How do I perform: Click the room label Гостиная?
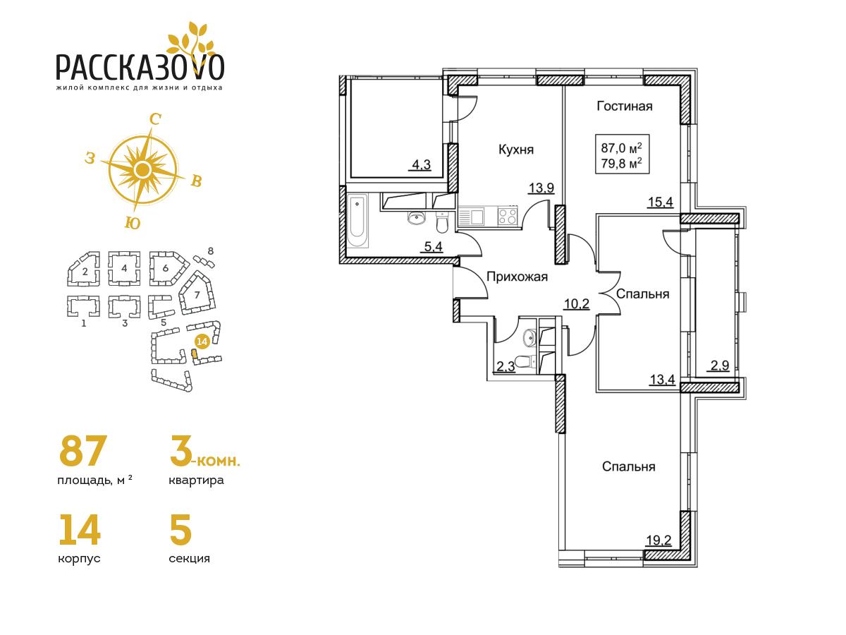[x=625, y=106]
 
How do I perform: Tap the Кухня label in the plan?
[x=516, y=150]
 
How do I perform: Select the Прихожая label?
[x=517, y=277]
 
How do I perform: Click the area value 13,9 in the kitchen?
[x=541, y=188]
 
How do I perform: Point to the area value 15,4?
[x=660, y=202]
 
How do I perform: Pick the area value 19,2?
[x=658, y=540]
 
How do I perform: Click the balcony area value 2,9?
[x=718, y=365]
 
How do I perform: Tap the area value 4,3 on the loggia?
[x=422, y=165]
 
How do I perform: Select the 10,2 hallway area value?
[x=577, y=304]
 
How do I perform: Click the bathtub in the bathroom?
[x=358, y=221]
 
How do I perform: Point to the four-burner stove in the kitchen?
[x=508, y=216]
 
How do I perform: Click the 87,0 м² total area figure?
[x=622, y=148]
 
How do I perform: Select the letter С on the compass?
[x=155, y=119]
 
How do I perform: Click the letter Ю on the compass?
[x=133, y=223]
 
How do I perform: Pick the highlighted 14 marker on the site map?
[x=202, y=341]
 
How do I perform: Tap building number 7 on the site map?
[x=197, y=295]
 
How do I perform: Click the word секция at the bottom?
[x=189, y=558]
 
